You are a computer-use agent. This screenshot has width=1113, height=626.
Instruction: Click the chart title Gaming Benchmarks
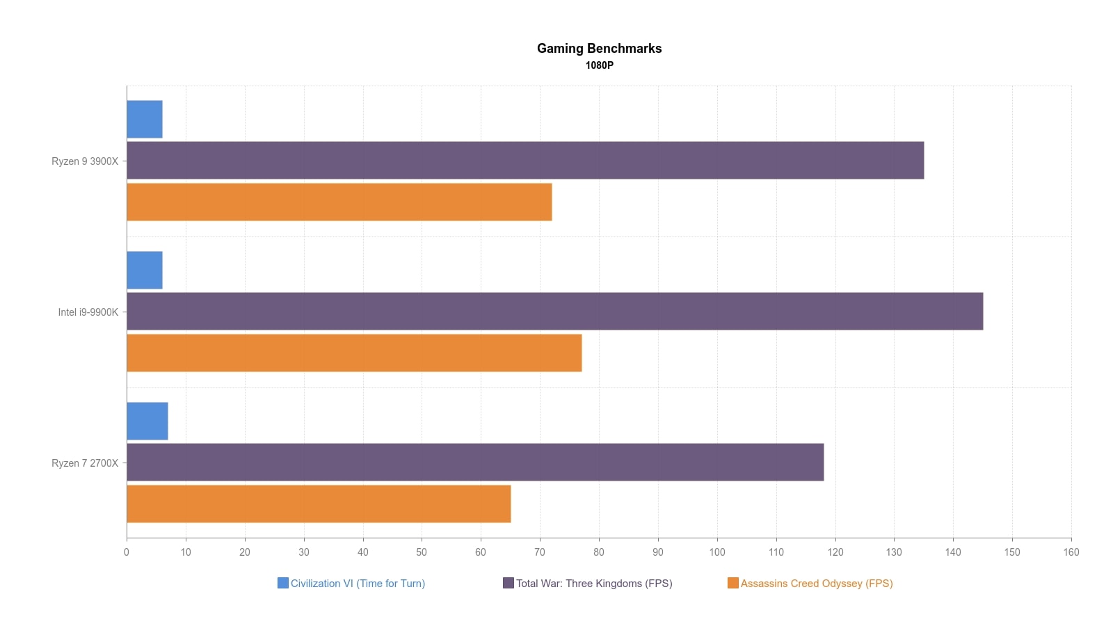pyautogui.click(x=599, y=49)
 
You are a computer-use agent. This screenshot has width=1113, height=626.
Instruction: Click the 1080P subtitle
pyautogui.click(x=599, y=65)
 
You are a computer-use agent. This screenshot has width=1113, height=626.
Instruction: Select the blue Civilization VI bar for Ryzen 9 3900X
pyautogui.click(x=145, y=119)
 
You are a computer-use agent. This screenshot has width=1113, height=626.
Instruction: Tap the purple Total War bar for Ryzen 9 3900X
pyautogui.click(x=525, y=161)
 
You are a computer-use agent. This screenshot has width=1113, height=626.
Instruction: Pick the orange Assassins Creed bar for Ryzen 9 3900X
pyautogui.click(x=339, y=202)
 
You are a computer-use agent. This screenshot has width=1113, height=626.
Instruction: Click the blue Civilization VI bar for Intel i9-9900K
pyautogui.click(x=145, y=270)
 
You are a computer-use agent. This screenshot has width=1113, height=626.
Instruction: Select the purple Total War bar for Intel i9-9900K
pyautogui.click(x=554, y=311)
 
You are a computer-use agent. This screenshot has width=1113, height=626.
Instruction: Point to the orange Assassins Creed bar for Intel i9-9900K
pyautogui.click(x=354, y=353)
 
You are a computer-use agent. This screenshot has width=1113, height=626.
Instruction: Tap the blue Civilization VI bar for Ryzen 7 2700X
pyautogui.click(x=147, y=421)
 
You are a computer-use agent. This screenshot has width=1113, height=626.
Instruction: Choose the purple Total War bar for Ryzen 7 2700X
pyautogui.click(x=475, y=462)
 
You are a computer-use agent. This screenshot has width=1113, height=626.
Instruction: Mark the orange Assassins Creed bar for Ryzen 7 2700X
pyautogui.click(x=319, y=504)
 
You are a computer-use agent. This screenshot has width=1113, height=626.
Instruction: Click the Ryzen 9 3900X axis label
pyautogui.click(x=85, y=161)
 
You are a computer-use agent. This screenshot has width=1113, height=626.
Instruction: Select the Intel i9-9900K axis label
pyautogui.click(x=88, y=312)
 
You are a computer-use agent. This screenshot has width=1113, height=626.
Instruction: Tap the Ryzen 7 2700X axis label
pyautogui.click(x=85, y=463)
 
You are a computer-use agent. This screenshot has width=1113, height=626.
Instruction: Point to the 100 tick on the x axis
pyautogui.click(x=717, y=552)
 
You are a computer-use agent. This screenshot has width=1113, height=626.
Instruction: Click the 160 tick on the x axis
pyautogui.click(x=1071, y=552)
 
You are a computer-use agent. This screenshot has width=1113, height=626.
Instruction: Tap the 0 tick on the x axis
pyautogui.click(x=127, y=552)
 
